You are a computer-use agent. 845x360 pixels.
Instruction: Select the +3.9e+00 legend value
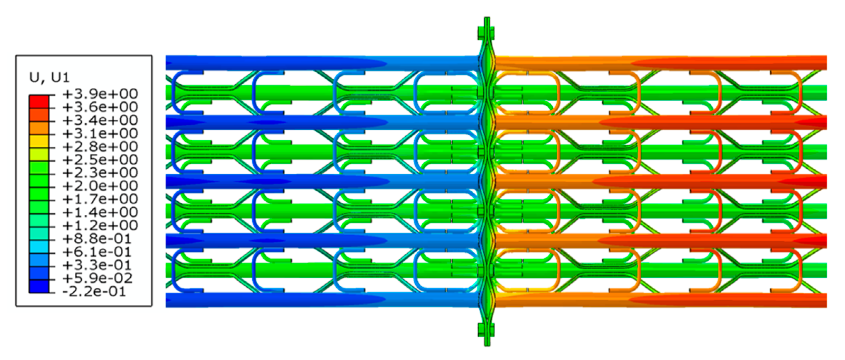[x=100, y=94]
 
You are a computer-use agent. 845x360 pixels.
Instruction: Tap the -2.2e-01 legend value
[x=94, y=292]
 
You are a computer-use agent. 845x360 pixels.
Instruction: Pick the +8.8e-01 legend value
[x=97, y=239]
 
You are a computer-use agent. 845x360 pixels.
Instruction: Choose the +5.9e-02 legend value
[x=97, y=278]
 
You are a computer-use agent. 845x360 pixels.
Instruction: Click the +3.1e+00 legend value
[x=100, y=134]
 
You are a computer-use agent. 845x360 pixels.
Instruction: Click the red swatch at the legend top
[x=39, y=101]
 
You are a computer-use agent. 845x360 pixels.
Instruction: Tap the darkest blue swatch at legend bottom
[x=39, y=286]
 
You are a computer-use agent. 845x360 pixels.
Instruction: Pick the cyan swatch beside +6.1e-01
[x=39, y=247]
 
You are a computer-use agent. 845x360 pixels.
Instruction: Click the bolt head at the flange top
[x=486, y=33]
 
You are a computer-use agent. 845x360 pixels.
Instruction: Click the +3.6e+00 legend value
[x=100, y=107]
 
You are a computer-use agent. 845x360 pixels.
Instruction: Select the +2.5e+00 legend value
[x=100, y=160]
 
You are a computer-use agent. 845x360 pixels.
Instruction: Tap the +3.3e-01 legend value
[x=97, y=265]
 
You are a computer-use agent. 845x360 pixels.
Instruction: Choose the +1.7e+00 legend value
[x=100, y=199]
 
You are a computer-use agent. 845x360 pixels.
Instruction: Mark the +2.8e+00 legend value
[x=100, y=147]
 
